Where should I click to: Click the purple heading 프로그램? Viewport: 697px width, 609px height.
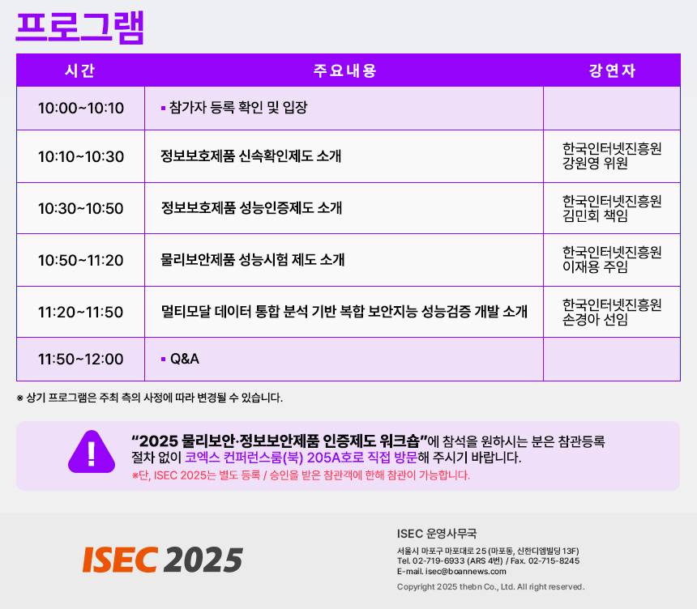(80, 27)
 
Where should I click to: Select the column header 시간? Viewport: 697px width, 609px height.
(80, 70)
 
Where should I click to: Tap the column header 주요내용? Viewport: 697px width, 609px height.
(345, 70)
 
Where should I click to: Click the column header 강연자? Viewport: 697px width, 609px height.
(612, 70)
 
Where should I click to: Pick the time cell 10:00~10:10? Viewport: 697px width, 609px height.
(81, 108)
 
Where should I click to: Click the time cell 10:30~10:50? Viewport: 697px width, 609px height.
(81, 208)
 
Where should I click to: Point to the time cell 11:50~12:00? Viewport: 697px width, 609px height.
(81, 359)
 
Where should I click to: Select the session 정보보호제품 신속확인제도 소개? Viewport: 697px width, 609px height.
(250, 156)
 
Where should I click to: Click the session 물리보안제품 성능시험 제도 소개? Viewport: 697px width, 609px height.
(253, 260)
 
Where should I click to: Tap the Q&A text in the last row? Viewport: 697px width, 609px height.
(185, 359)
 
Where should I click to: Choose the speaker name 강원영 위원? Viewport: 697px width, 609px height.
(595, 164)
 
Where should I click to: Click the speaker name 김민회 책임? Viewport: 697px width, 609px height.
(595, 216)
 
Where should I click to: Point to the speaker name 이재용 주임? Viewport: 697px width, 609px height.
(595, 267)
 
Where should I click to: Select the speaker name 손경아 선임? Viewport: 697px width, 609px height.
(595, 319)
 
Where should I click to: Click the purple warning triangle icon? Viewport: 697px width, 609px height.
(92, 452)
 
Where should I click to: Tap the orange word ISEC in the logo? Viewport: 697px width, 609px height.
(120, 560)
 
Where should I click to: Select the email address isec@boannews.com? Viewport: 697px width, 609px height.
(465, 571)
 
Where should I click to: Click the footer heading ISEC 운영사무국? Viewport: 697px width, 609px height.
(437, 534)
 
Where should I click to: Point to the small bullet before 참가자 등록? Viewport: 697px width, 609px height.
(163, 108)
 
